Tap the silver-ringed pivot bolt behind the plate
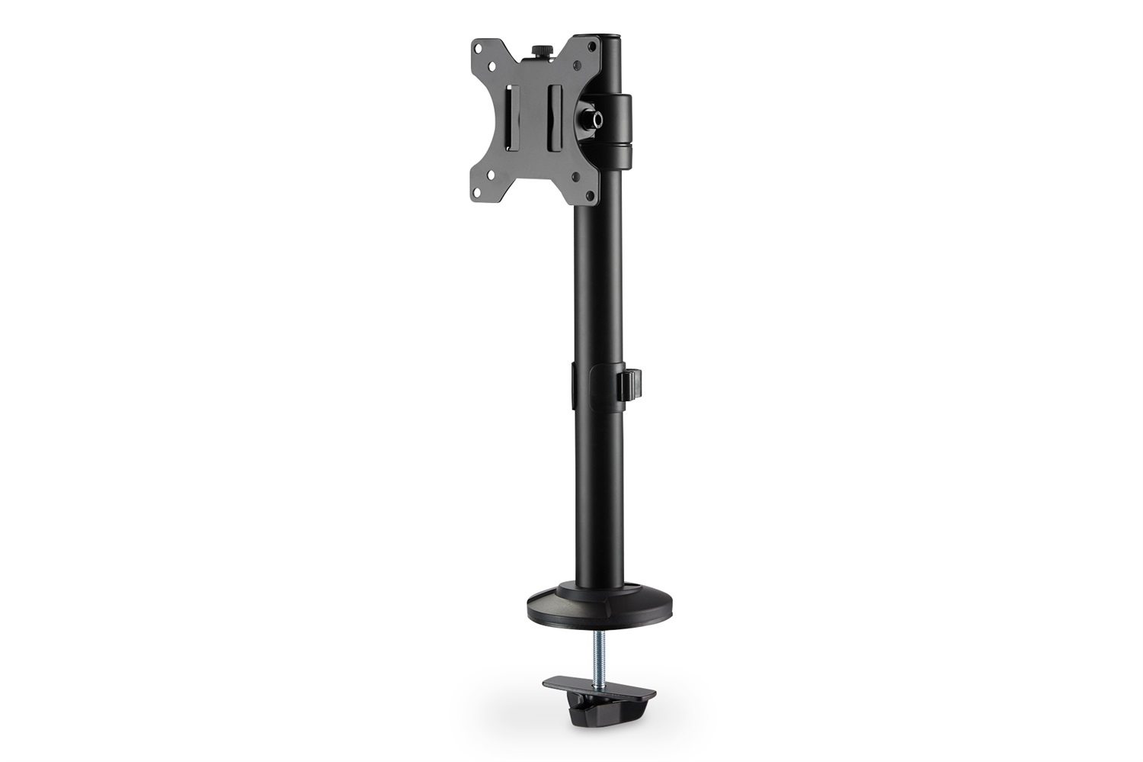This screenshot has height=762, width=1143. [592, 118]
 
